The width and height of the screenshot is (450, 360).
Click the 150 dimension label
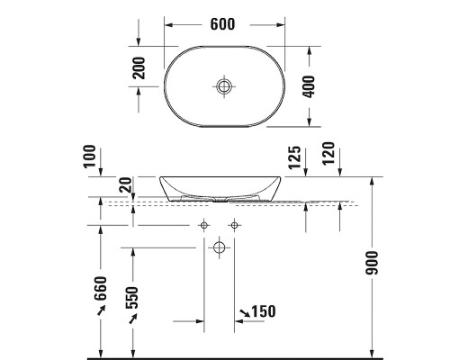coord(262,311)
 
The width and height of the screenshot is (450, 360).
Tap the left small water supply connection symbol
coord(204,224)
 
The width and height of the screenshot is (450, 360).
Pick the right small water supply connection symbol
coord(234,224)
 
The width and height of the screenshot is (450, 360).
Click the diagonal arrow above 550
coord(132,314)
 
